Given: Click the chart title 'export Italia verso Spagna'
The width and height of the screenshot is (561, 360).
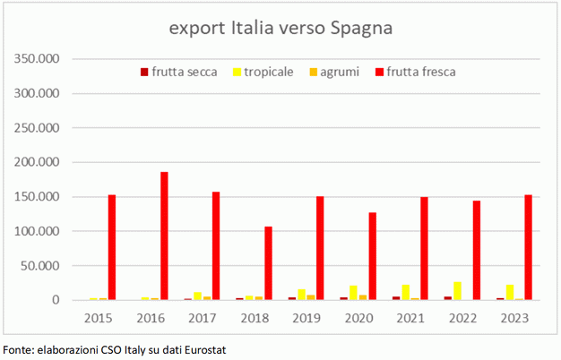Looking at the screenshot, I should [x=281, y=28].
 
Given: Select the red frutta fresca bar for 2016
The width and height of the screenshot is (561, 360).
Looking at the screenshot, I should [x=164, y=236].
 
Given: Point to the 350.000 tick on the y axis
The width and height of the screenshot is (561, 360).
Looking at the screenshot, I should [x=36, y=59].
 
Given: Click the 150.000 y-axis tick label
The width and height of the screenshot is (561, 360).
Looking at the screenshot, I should [x=36, y=197].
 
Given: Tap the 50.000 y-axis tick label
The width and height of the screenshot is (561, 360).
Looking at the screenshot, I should [x=39, y=266].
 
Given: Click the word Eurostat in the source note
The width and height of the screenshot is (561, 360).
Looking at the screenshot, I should [x=201, y=348].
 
